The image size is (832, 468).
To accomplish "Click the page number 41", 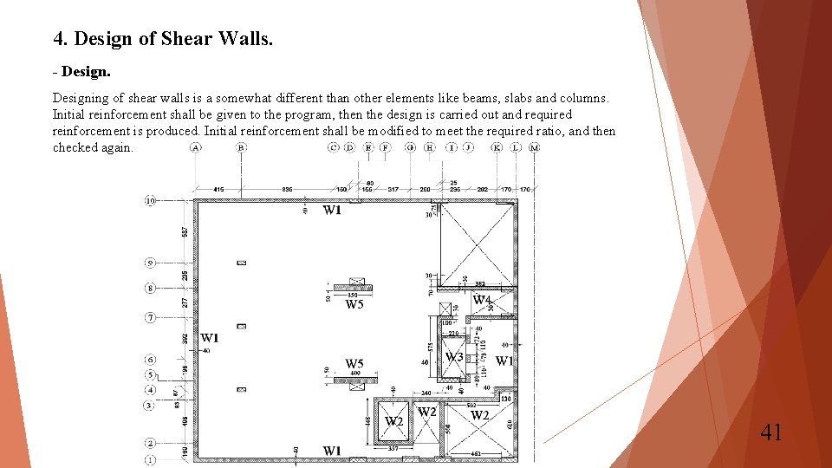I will [x=770, y=431].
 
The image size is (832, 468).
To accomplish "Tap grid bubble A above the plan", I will [x=196, y=148].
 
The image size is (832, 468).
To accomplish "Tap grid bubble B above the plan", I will [x=242, y=148].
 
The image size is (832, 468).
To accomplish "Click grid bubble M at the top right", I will [x=534, y=148].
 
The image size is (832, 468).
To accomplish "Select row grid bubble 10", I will [x=150, y=201].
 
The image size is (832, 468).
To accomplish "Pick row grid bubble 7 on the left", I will [x=150, y=318].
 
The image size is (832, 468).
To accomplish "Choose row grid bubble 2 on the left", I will [x=150, y=444].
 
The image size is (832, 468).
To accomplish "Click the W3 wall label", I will [x=454, y=357].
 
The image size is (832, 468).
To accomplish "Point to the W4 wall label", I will [x=482, y=300].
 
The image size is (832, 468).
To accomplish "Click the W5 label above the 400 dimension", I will [x=354, y=364].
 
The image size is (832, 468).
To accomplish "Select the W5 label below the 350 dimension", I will [x=354, y=304].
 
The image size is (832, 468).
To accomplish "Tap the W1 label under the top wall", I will [x=332, y=210].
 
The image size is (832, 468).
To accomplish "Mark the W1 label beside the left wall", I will [x=210, y=338].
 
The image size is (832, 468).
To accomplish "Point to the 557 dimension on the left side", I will [x=185, y=231].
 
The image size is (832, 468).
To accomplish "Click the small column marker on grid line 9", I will [x=242, y=263].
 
